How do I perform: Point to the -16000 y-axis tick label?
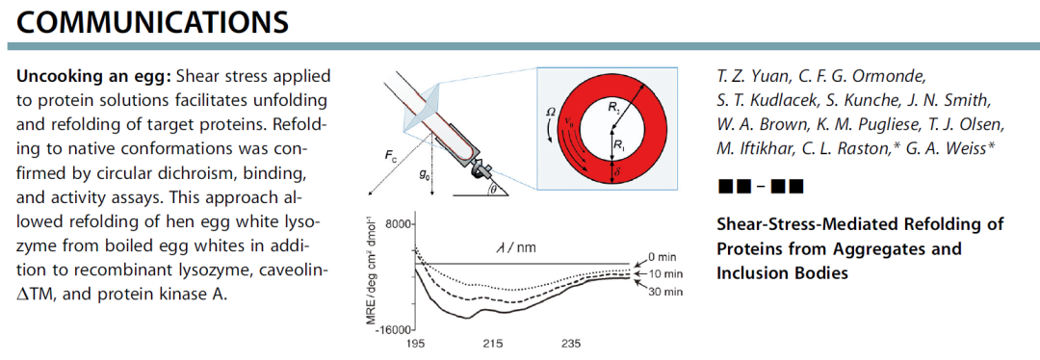pos(394,329)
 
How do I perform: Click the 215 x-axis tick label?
pos(492,345)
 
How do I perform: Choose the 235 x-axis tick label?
pos(570,345)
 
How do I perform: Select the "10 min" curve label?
pos(662,273)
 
